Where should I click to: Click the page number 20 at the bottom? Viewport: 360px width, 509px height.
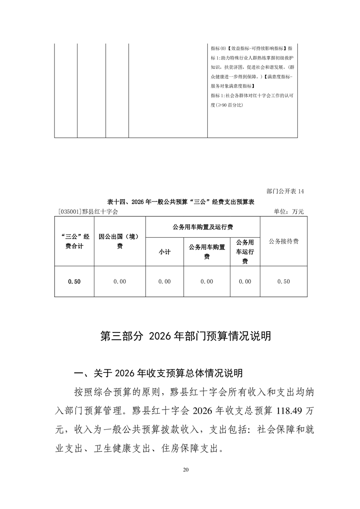pyautogui.click(x=185, y=470)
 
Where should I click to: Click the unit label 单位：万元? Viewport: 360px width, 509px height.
pyautogui.click(x=288, y=211)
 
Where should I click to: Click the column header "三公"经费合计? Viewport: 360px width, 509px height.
pyautogui.click(x=74, y=241)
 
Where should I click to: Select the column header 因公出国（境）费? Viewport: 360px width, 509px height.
pyautogui.click(x=120, y=241)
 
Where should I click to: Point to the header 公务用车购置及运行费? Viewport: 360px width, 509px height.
pyautogui.click(x=203, y=226)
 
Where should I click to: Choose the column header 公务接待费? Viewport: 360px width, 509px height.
pyautogui.click(x=283, y=241)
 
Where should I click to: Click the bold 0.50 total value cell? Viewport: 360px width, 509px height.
pyautogui.click(x=74, y=282)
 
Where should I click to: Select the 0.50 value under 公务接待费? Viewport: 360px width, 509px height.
pyautogui.click(x=283, y=282)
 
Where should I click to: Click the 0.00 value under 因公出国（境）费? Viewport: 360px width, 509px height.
pyautogui.click(x=120, y=282)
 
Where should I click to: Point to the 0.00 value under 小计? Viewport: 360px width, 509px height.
pyautogui.click(x=164, y=282)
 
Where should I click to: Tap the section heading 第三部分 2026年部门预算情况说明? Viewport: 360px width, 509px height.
pyautogui.click(x=185, y=336)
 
